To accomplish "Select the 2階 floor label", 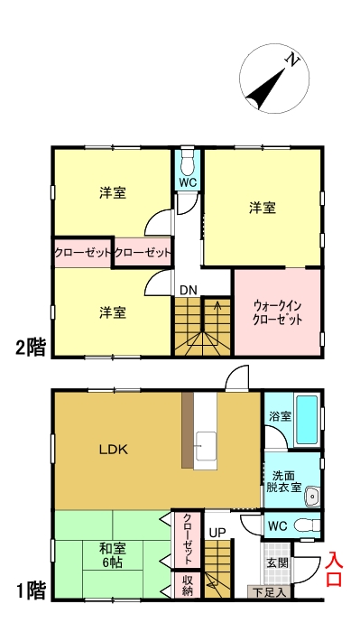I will (x=29, y=347).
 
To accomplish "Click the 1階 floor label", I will (x=29, y=591).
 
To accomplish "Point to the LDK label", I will (x=114, y=449).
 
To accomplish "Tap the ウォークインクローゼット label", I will (x=277, y=312).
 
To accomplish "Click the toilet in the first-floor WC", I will (x=304, y=524).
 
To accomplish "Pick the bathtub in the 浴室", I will (x=307, y=417).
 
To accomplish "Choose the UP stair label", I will (x=217, y=533).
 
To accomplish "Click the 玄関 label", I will (x=277, y=562).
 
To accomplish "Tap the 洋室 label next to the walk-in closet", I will (x=263, y=209).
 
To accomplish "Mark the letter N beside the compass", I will (x=292, y=60).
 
